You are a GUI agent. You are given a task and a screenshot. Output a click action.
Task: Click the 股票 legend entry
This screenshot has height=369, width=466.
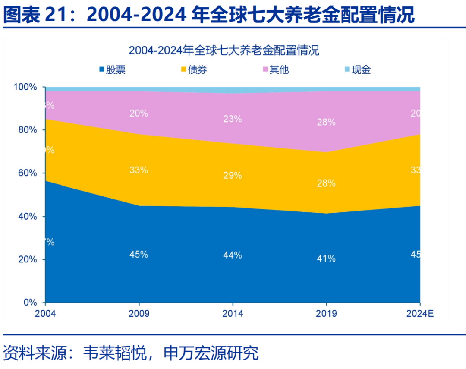[113, 69]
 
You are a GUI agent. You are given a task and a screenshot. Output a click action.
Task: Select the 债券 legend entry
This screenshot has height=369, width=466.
[194, 69]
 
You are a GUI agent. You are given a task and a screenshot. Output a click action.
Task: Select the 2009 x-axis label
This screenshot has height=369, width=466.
[139, 314]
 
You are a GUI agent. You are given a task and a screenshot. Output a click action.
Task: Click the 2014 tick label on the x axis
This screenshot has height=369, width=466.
[233, 314]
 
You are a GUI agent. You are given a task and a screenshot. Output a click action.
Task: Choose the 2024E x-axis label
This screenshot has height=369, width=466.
[419, 314]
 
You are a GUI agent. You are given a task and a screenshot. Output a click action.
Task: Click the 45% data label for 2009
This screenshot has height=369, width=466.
[139, 255]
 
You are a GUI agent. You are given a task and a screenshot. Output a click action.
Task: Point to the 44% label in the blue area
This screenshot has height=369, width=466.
[233, 255]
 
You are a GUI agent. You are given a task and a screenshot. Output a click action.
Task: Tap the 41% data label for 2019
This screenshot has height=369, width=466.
[326, 259]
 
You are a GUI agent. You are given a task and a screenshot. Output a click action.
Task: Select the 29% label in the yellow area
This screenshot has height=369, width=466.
[233, 176]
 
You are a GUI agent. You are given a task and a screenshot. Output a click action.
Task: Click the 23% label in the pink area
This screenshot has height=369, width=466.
[233, 119]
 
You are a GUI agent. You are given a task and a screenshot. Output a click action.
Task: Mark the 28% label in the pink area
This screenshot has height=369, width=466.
[326, 122]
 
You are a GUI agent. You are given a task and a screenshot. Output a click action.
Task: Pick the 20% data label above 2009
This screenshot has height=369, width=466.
[139, 114]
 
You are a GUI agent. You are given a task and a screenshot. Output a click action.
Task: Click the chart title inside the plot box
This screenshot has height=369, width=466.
[224, 50]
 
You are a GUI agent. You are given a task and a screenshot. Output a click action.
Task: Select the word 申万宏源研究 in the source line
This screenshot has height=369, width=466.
[211, 353]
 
